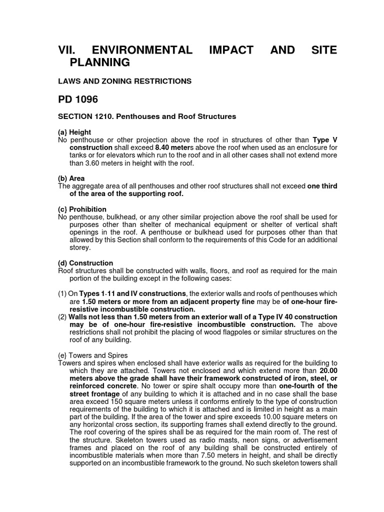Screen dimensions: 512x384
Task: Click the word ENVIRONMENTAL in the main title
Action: pos(141,50)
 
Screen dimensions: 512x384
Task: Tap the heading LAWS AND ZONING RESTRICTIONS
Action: pos(124,81)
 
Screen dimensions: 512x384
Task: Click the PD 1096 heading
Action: pos(78,99)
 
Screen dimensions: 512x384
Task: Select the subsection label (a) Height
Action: pos(74,132)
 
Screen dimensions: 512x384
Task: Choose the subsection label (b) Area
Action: pos(71,178)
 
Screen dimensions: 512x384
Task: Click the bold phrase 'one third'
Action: pos(322,186)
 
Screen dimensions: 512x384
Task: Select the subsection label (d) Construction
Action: pos(85,263)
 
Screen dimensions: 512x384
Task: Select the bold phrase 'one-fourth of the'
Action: pos(308,386)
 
